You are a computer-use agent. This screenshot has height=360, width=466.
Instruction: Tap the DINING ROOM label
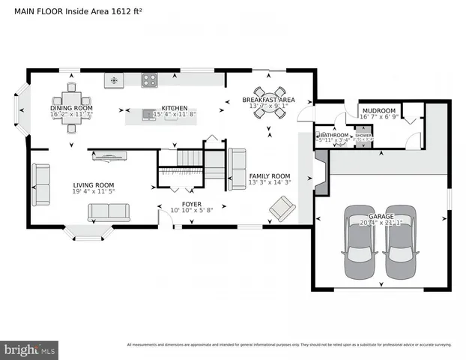[x=71, y=108]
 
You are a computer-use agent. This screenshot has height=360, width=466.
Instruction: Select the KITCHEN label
[x=175, y=108]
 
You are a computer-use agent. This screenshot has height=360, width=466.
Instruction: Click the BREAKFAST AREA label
[x=267, y=100]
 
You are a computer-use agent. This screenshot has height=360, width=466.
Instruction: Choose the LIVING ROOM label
[x=93, y=184]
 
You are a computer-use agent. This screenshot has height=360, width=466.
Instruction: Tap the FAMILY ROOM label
[x=269, y=175]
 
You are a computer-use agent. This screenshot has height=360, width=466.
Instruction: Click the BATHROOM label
[x=334, y=135]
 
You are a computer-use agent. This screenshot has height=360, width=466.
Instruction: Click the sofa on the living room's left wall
[x=40, y=183]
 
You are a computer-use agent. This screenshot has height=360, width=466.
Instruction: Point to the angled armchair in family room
[x=282, y=208]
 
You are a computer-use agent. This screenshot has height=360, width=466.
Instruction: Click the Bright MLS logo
[x=30, y=349]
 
